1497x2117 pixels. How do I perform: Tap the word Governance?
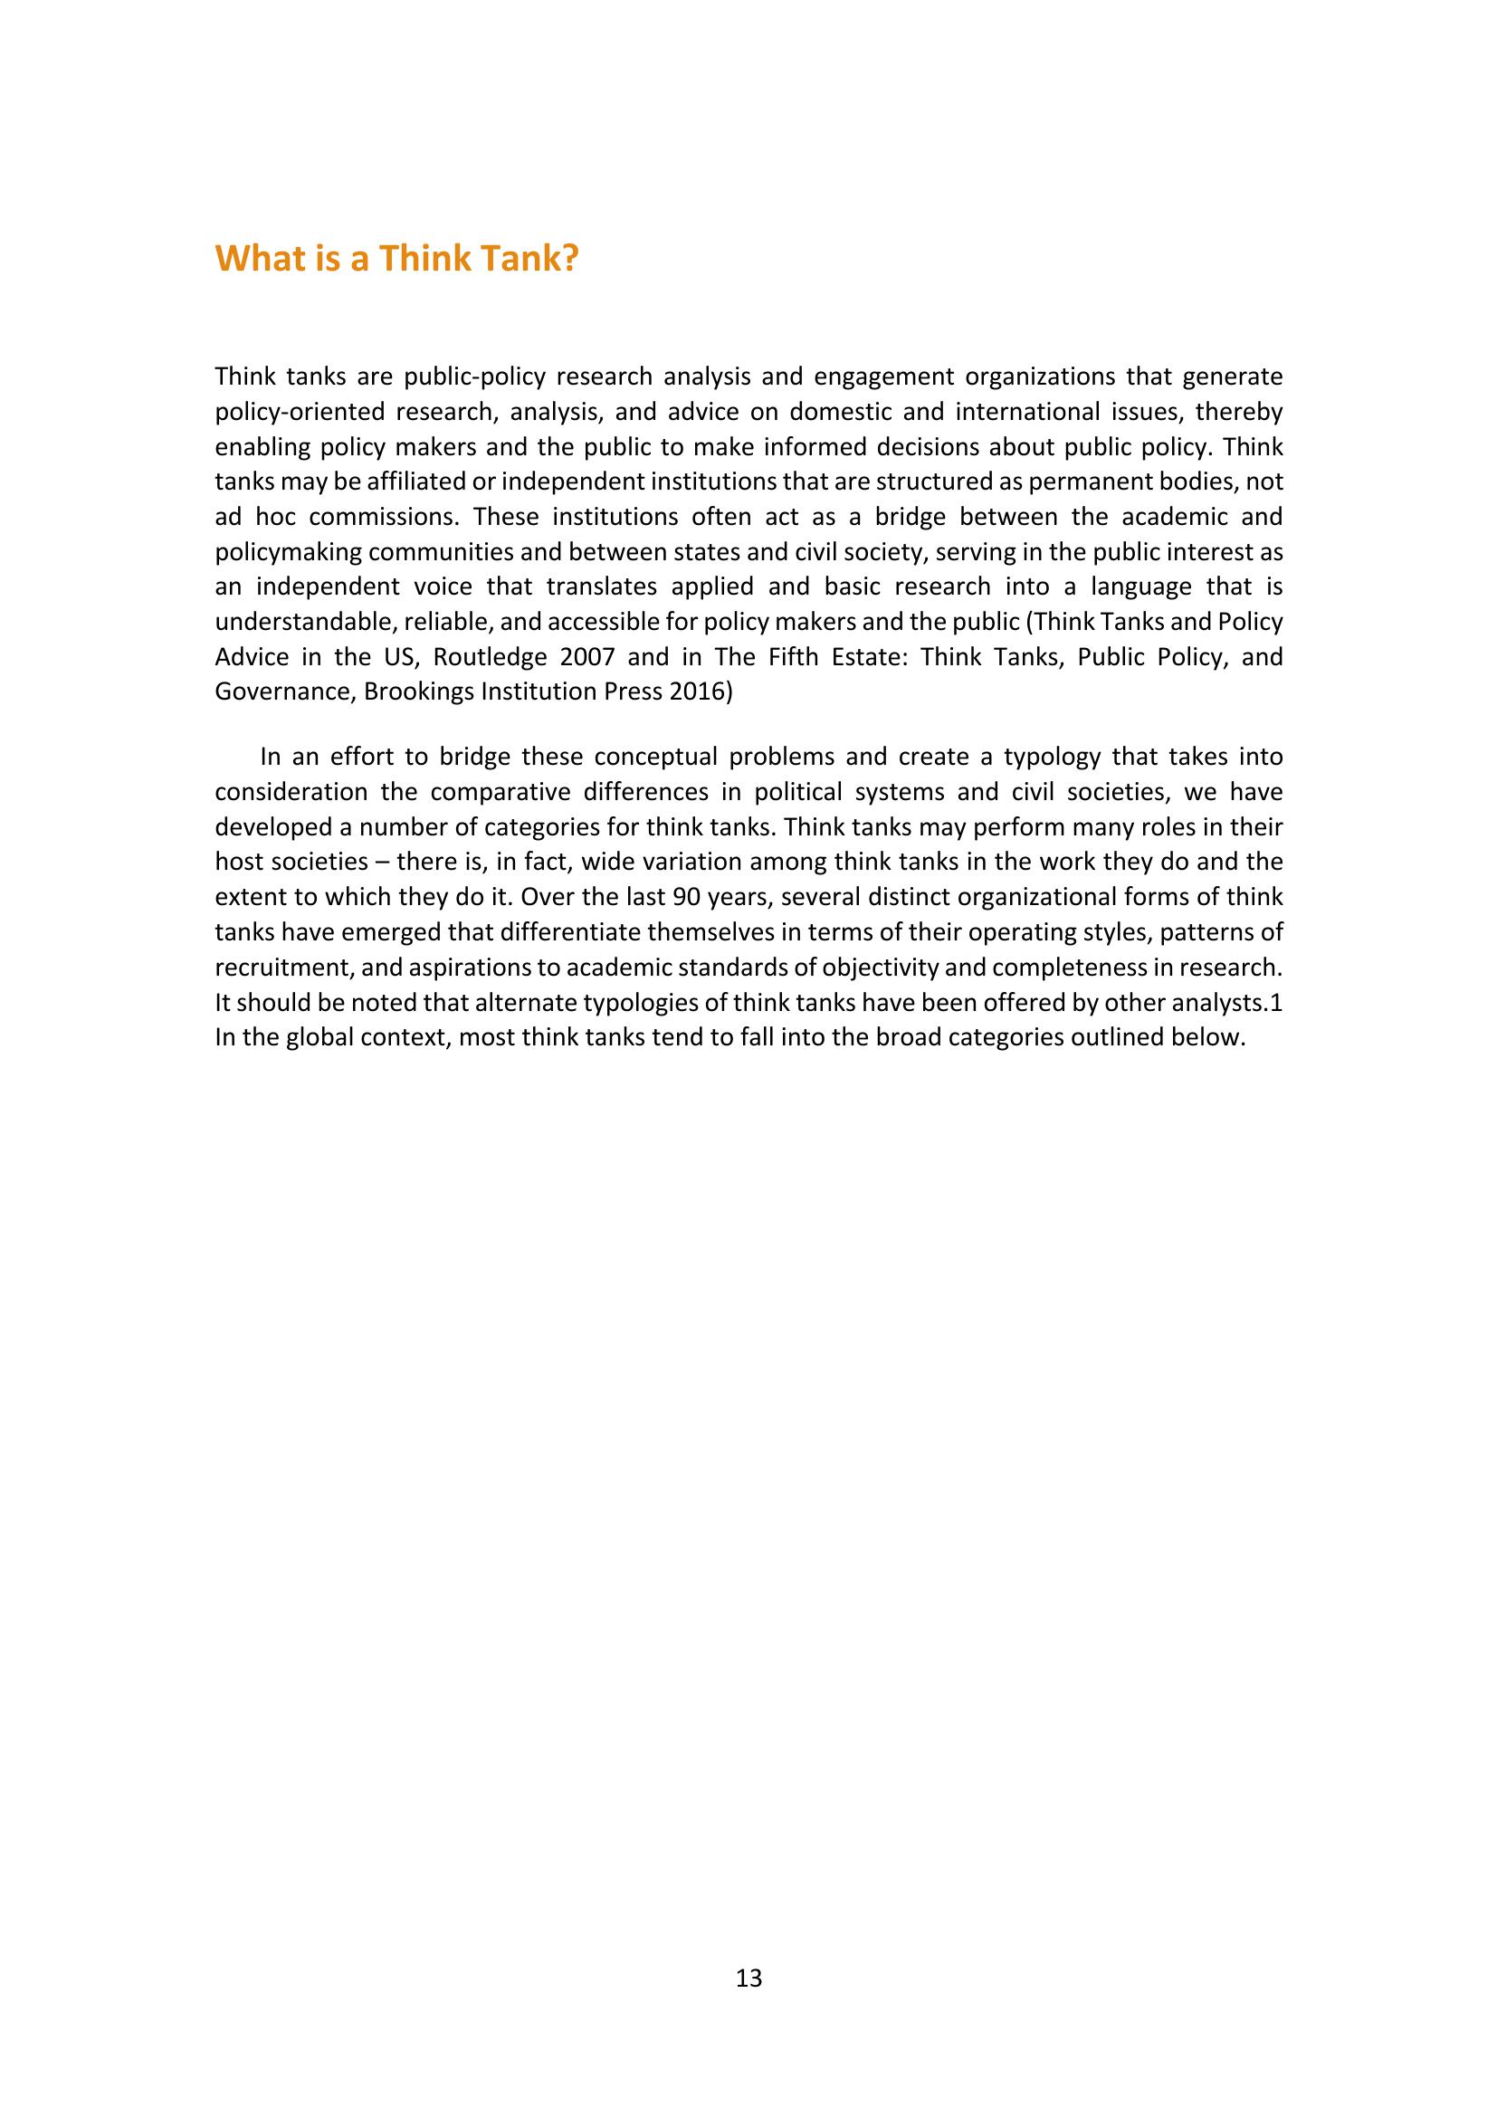pos(282,692)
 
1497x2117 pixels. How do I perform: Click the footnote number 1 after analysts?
pos(1277,1002)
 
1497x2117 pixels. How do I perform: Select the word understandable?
pos(306,623)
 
